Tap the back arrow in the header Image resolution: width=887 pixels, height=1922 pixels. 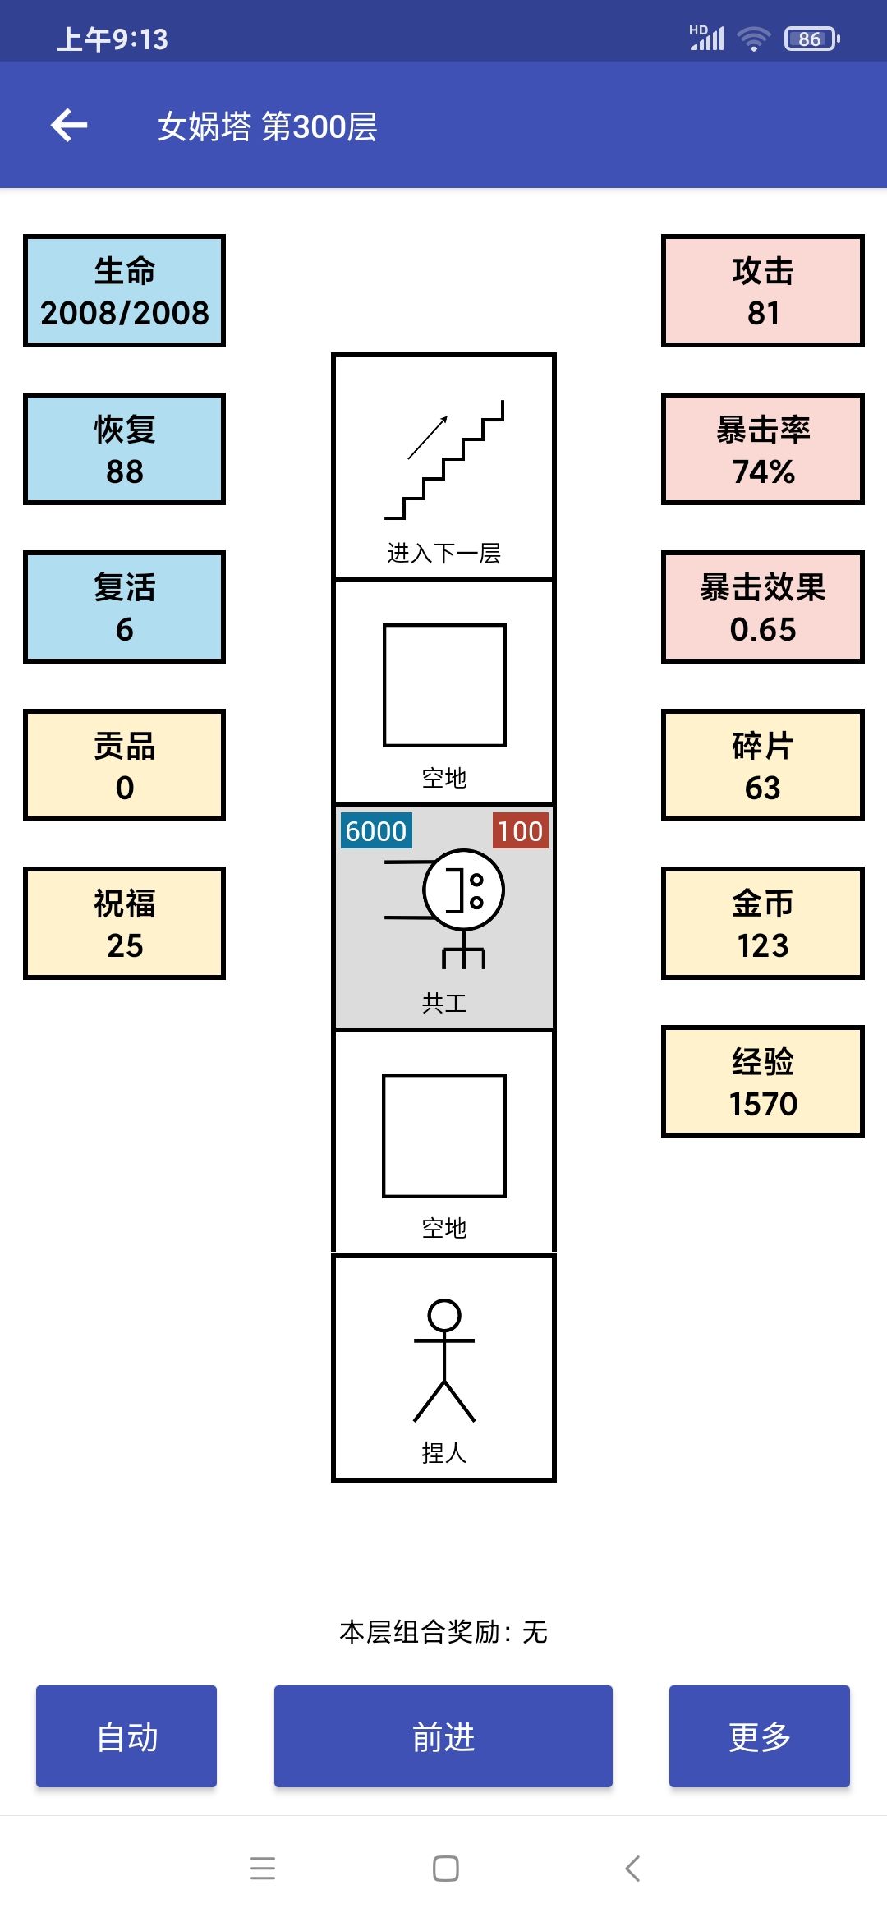pos(69,125)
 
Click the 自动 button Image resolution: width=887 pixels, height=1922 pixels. pos(126,1736)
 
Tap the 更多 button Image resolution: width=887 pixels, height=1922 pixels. pos(760,1736)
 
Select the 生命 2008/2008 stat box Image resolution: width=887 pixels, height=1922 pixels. pos(124,291)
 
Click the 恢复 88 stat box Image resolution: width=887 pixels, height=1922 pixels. pos(124,448)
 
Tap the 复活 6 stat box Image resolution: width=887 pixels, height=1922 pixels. pos(124,607)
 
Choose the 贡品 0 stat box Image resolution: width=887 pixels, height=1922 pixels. pos(124,765)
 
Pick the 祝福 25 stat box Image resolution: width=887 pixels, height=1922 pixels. pos(124,923)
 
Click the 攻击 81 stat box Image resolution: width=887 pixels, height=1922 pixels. pos(763,291)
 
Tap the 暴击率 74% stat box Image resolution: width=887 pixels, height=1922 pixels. pos(763,448)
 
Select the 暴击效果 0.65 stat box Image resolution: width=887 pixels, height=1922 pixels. pos(763,607)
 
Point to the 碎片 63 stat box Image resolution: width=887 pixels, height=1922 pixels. pos(763,765)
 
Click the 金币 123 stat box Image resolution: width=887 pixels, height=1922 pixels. pos(763,923)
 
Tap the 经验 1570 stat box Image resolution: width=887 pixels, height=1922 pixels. pos(763,1081)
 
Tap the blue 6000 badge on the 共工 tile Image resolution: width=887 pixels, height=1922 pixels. pos(376,830)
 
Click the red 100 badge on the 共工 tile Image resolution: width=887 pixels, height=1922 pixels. pos(521,830)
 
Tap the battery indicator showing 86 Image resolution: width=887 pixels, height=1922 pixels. pos(811,39)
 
